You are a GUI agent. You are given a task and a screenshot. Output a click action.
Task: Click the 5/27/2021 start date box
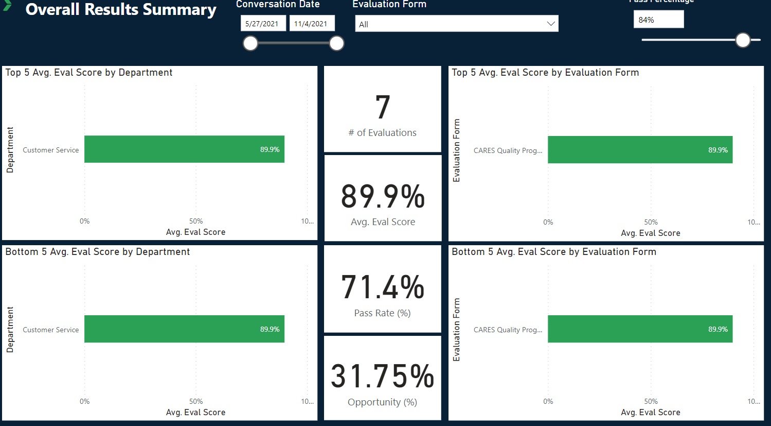(x=262, y=24)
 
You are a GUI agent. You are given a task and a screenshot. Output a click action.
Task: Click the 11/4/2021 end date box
(x=311, y=24)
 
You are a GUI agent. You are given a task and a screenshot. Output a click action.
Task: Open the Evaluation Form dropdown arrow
(x=550, y=24)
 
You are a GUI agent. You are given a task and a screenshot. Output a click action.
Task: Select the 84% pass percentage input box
(x=658, y=20)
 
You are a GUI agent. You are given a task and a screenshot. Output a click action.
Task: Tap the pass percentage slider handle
(x=743, y=40)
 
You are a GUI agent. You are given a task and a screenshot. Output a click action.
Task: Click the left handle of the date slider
(x=250, y=43)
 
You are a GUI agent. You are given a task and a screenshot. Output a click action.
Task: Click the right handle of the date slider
(x=336, y=43)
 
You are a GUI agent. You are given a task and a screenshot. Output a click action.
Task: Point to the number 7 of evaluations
(x=383, y=107)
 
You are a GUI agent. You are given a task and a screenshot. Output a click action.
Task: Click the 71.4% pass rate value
(x=383, y=287)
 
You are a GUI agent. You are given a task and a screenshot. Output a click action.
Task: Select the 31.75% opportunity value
(x=383, y=376)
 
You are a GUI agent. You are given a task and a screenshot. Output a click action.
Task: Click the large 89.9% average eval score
(x=383, y=197)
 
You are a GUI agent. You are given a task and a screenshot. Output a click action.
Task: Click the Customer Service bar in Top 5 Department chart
(x=184, y=149)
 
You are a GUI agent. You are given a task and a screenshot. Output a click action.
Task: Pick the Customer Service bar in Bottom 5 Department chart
(x=184, y=329)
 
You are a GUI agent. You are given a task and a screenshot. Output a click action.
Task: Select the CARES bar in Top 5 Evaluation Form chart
(x=640, y=150)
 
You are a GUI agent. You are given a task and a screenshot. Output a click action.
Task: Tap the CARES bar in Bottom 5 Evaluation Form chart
(x=640, y=329)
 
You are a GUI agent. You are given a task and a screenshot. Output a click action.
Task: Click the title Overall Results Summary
(x=121, y=10)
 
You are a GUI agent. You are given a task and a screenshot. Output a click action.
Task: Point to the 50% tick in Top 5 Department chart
(x=196, y=221)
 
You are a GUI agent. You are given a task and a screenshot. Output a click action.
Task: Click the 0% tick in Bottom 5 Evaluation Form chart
(x=548, y=401)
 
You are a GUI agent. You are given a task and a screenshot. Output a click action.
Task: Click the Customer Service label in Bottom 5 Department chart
(x=51, y=330)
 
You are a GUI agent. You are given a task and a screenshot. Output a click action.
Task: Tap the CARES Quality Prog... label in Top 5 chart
(x=508, y=150)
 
